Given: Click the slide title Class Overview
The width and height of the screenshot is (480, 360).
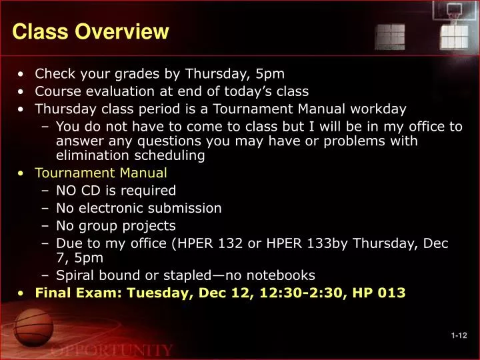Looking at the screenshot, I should pos(91,31).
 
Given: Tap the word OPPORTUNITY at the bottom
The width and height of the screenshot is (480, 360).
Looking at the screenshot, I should pos(112,350).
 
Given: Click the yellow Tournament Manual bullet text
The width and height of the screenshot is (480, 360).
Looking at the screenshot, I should pos(101,173).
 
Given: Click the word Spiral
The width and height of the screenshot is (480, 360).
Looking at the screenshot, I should pos(75,275).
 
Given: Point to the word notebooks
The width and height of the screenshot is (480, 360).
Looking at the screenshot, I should pos(283,275).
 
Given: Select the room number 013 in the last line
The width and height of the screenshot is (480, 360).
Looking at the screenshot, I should pos(391,292).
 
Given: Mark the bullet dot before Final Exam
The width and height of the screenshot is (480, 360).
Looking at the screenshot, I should pos(23,292).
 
